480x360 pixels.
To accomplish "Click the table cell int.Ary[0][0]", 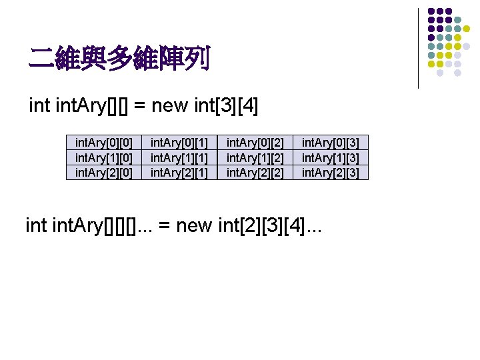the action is [x=104, y=142].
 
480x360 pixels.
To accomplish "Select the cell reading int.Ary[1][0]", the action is [x=104, y=157].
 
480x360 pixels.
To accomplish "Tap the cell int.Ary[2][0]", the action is [x=104, y=173].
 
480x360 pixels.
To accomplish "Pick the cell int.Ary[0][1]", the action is [x=179, y=142].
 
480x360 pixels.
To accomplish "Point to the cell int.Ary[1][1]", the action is [x=179, y=157].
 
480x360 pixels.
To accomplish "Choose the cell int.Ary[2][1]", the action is [x=179, y=173].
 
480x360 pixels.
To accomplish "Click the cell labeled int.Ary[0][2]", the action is [x=255, y=142].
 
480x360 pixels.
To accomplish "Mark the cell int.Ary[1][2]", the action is [x=255, y=157].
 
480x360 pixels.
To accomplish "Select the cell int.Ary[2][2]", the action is [x=255, y=173].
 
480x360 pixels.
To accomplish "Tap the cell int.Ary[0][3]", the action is [x=331, y=142].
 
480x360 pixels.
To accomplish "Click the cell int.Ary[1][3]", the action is [x=331, y=157].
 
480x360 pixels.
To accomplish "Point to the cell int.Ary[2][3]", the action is [x=331, y=173].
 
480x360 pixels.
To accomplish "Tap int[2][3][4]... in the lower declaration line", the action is [x=271, y=227].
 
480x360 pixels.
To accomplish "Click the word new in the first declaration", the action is [x=169, y=105].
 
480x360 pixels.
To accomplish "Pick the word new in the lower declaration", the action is [x=195, y=227].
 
